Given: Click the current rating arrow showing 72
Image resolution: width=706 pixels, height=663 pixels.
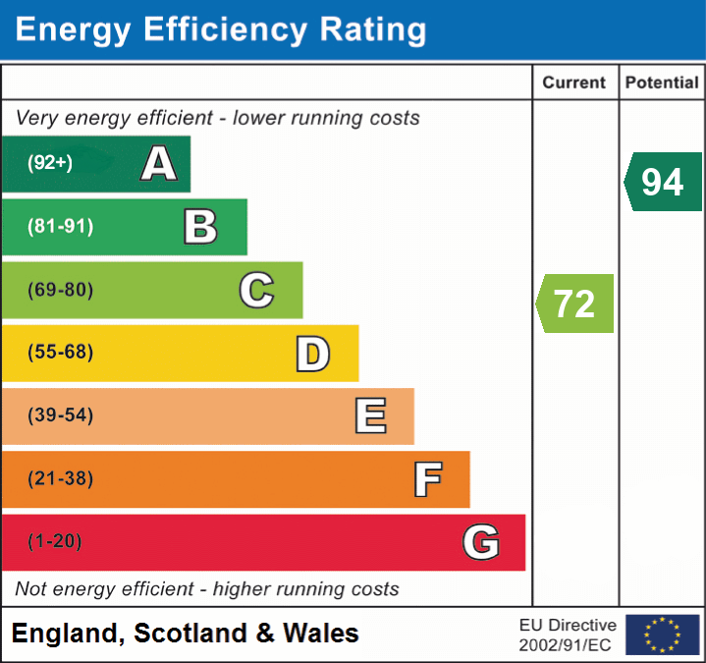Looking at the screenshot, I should point(575,304).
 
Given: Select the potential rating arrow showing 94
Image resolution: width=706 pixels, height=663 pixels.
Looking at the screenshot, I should point(663,182).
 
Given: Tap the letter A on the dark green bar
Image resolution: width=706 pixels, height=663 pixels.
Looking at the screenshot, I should point(158,164).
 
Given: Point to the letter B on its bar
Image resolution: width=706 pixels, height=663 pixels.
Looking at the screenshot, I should point(200,227).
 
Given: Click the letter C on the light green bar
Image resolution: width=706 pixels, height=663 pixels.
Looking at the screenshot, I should point(256,290).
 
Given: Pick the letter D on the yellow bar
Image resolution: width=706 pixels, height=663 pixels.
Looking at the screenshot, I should point(312,354).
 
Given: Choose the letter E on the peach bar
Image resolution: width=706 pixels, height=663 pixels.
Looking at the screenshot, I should point(369,416).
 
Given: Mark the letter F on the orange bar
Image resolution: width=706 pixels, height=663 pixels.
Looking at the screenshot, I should point(426,479).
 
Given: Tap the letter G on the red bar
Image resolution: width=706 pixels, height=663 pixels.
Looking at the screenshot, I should point(481,542).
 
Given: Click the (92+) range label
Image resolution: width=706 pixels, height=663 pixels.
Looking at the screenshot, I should point(49,163).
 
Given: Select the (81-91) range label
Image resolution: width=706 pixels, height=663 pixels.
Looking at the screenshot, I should point(61,227).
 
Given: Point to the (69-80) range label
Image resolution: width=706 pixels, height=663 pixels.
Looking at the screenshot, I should point(61,290).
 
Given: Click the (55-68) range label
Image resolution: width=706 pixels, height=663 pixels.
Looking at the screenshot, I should point(61,353).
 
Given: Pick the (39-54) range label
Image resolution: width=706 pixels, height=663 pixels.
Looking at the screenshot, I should point(61,415).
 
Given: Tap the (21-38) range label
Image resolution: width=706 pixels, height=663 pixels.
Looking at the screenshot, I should point(61,479).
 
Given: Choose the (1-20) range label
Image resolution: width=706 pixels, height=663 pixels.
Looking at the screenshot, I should point(55,542).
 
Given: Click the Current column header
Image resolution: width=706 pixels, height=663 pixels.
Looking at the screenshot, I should point(575,83).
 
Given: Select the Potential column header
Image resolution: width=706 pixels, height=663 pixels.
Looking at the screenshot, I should point(662,83).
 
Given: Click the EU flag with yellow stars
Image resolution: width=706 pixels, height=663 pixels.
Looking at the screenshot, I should point(662,635).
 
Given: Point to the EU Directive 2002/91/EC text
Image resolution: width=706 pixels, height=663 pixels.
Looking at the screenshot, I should point(568,635).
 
